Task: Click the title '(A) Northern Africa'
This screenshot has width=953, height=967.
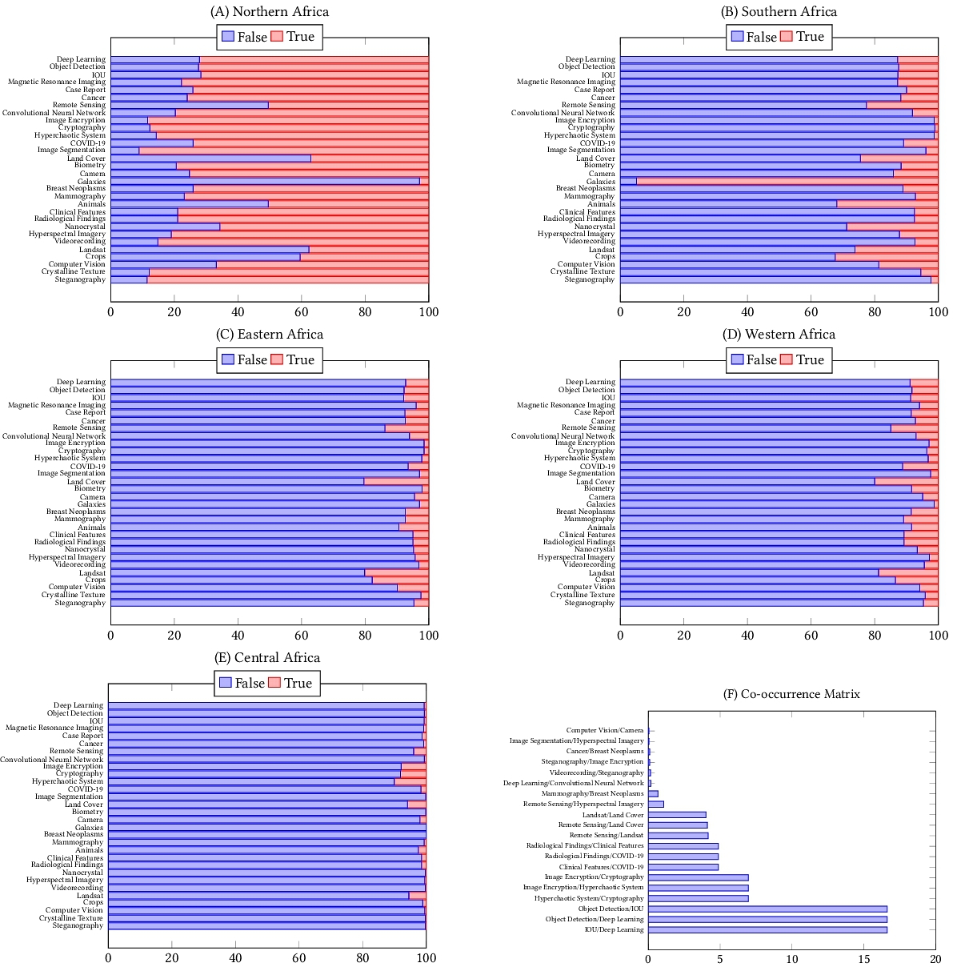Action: click(x=269, y=12)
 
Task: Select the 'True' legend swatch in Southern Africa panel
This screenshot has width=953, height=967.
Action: click(x=786, y=37)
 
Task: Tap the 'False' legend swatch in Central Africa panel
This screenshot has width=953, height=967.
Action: click(x=226, y=683)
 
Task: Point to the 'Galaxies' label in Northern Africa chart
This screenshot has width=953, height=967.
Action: click(x=91, y=182)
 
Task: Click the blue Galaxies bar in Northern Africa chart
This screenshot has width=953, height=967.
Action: click(x=265, y=182)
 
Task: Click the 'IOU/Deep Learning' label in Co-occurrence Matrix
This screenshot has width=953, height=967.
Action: click(x=614, y=930)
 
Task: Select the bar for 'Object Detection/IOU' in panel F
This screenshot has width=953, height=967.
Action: click(x=767, y=909)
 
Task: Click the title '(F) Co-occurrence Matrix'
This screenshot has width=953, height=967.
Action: click(x=791, y=694)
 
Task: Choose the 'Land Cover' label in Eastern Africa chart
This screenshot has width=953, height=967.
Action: click(x=86, y=482)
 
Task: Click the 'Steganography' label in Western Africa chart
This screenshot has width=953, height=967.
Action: click(x=590, y=603)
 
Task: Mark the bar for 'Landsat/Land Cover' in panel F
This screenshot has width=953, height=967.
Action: click(x=677, y=815)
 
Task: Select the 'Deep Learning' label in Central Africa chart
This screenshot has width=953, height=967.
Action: click(x=78, y=705)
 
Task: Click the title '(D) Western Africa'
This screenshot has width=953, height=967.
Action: click(x=779, y=335)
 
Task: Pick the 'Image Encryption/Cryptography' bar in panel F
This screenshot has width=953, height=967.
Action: click(x=698, y=877)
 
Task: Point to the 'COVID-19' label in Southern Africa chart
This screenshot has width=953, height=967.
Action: click(x=598, y=143)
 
